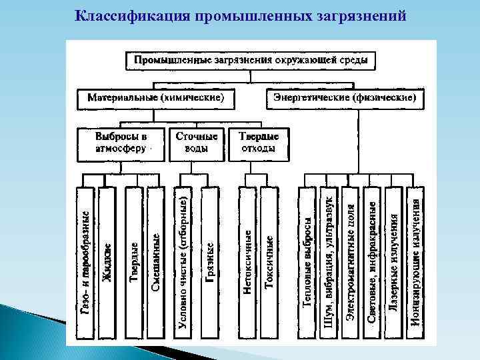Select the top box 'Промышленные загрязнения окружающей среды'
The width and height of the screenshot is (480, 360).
(251, 60)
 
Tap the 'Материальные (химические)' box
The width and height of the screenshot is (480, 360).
(155, 98)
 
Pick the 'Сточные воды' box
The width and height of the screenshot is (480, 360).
(196, 143)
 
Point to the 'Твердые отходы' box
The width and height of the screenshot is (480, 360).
(259, 143)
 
